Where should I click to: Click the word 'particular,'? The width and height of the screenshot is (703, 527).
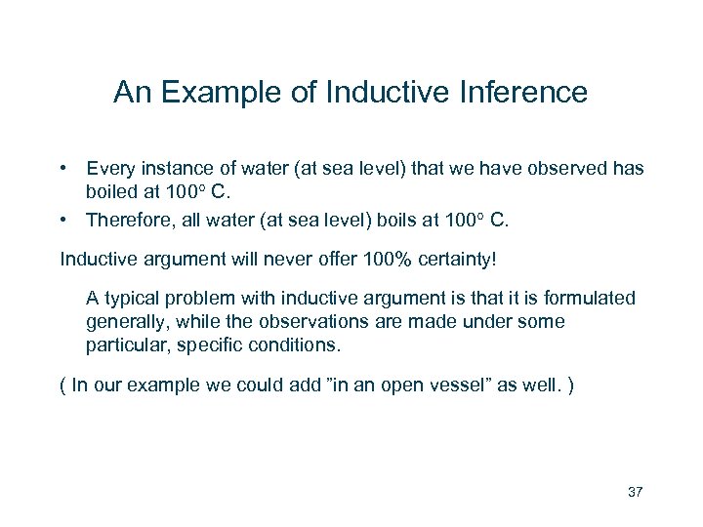pos(128,345)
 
